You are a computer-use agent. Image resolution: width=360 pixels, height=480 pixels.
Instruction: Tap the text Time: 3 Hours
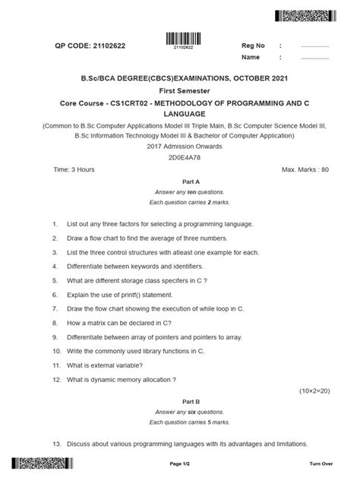pyautogui.click(x=74, y=169)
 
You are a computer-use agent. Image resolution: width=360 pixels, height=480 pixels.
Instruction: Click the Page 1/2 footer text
pyautogui.click(x=180, y=463)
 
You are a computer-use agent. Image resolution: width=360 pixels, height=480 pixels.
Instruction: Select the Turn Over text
pyautogui.click(x=321, y=463)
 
